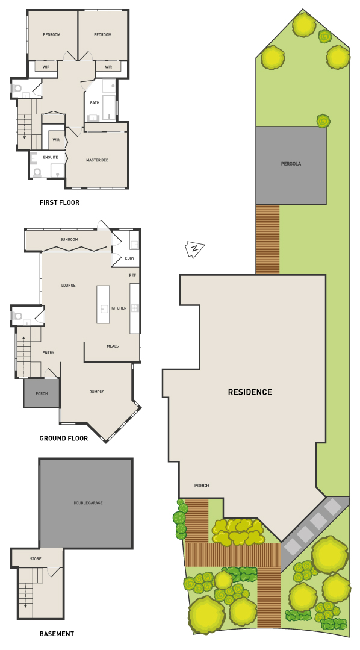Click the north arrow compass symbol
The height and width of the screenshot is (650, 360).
pyautogui.click(x=194, y=249)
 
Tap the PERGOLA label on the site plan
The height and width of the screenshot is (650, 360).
pyautogui.click(x=291, y=164)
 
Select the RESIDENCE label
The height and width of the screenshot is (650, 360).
pyautogui.click(x=250, y=392)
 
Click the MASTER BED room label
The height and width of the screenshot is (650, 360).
pyautogui.click(x=98, y=160)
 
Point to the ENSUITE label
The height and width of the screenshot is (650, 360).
pyautogui.click(x=51, y=157)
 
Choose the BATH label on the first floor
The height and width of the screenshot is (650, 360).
pyautogui.click(x=95, y=103)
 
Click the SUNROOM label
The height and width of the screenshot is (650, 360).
pyautogui.click(x=69, y=240)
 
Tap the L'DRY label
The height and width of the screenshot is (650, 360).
pyautogui.click(x=129, y=258)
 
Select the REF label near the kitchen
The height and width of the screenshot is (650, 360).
pyautogui.click(x=132, y=275)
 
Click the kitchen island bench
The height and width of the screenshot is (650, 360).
pyautogui.click(x=103, y=304)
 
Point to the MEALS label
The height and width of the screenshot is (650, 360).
pyautogui.click(x=113, y=346)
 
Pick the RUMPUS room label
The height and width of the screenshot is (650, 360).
pyautogui.click(x=97, y=392)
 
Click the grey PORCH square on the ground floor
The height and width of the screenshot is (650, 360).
pyautogui.click(x=42, y=393)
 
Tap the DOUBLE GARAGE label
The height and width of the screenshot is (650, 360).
pyautogui.click(x=88, y=503)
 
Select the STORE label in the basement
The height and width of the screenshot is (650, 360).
pyautogui.click(x=36, y=559)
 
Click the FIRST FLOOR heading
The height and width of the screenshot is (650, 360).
pyautogui.click(x=59, y=202)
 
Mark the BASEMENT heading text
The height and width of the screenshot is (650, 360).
pyautogui.click(x=57, y=633)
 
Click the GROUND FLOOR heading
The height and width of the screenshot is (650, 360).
pyautogui.click(x=63, y=438)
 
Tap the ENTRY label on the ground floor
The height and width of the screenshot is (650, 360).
pyautogui.click(x=48, y=353)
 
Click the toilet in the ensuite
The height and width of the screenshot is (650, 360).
pyautogui.click(x=37, y=172)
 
